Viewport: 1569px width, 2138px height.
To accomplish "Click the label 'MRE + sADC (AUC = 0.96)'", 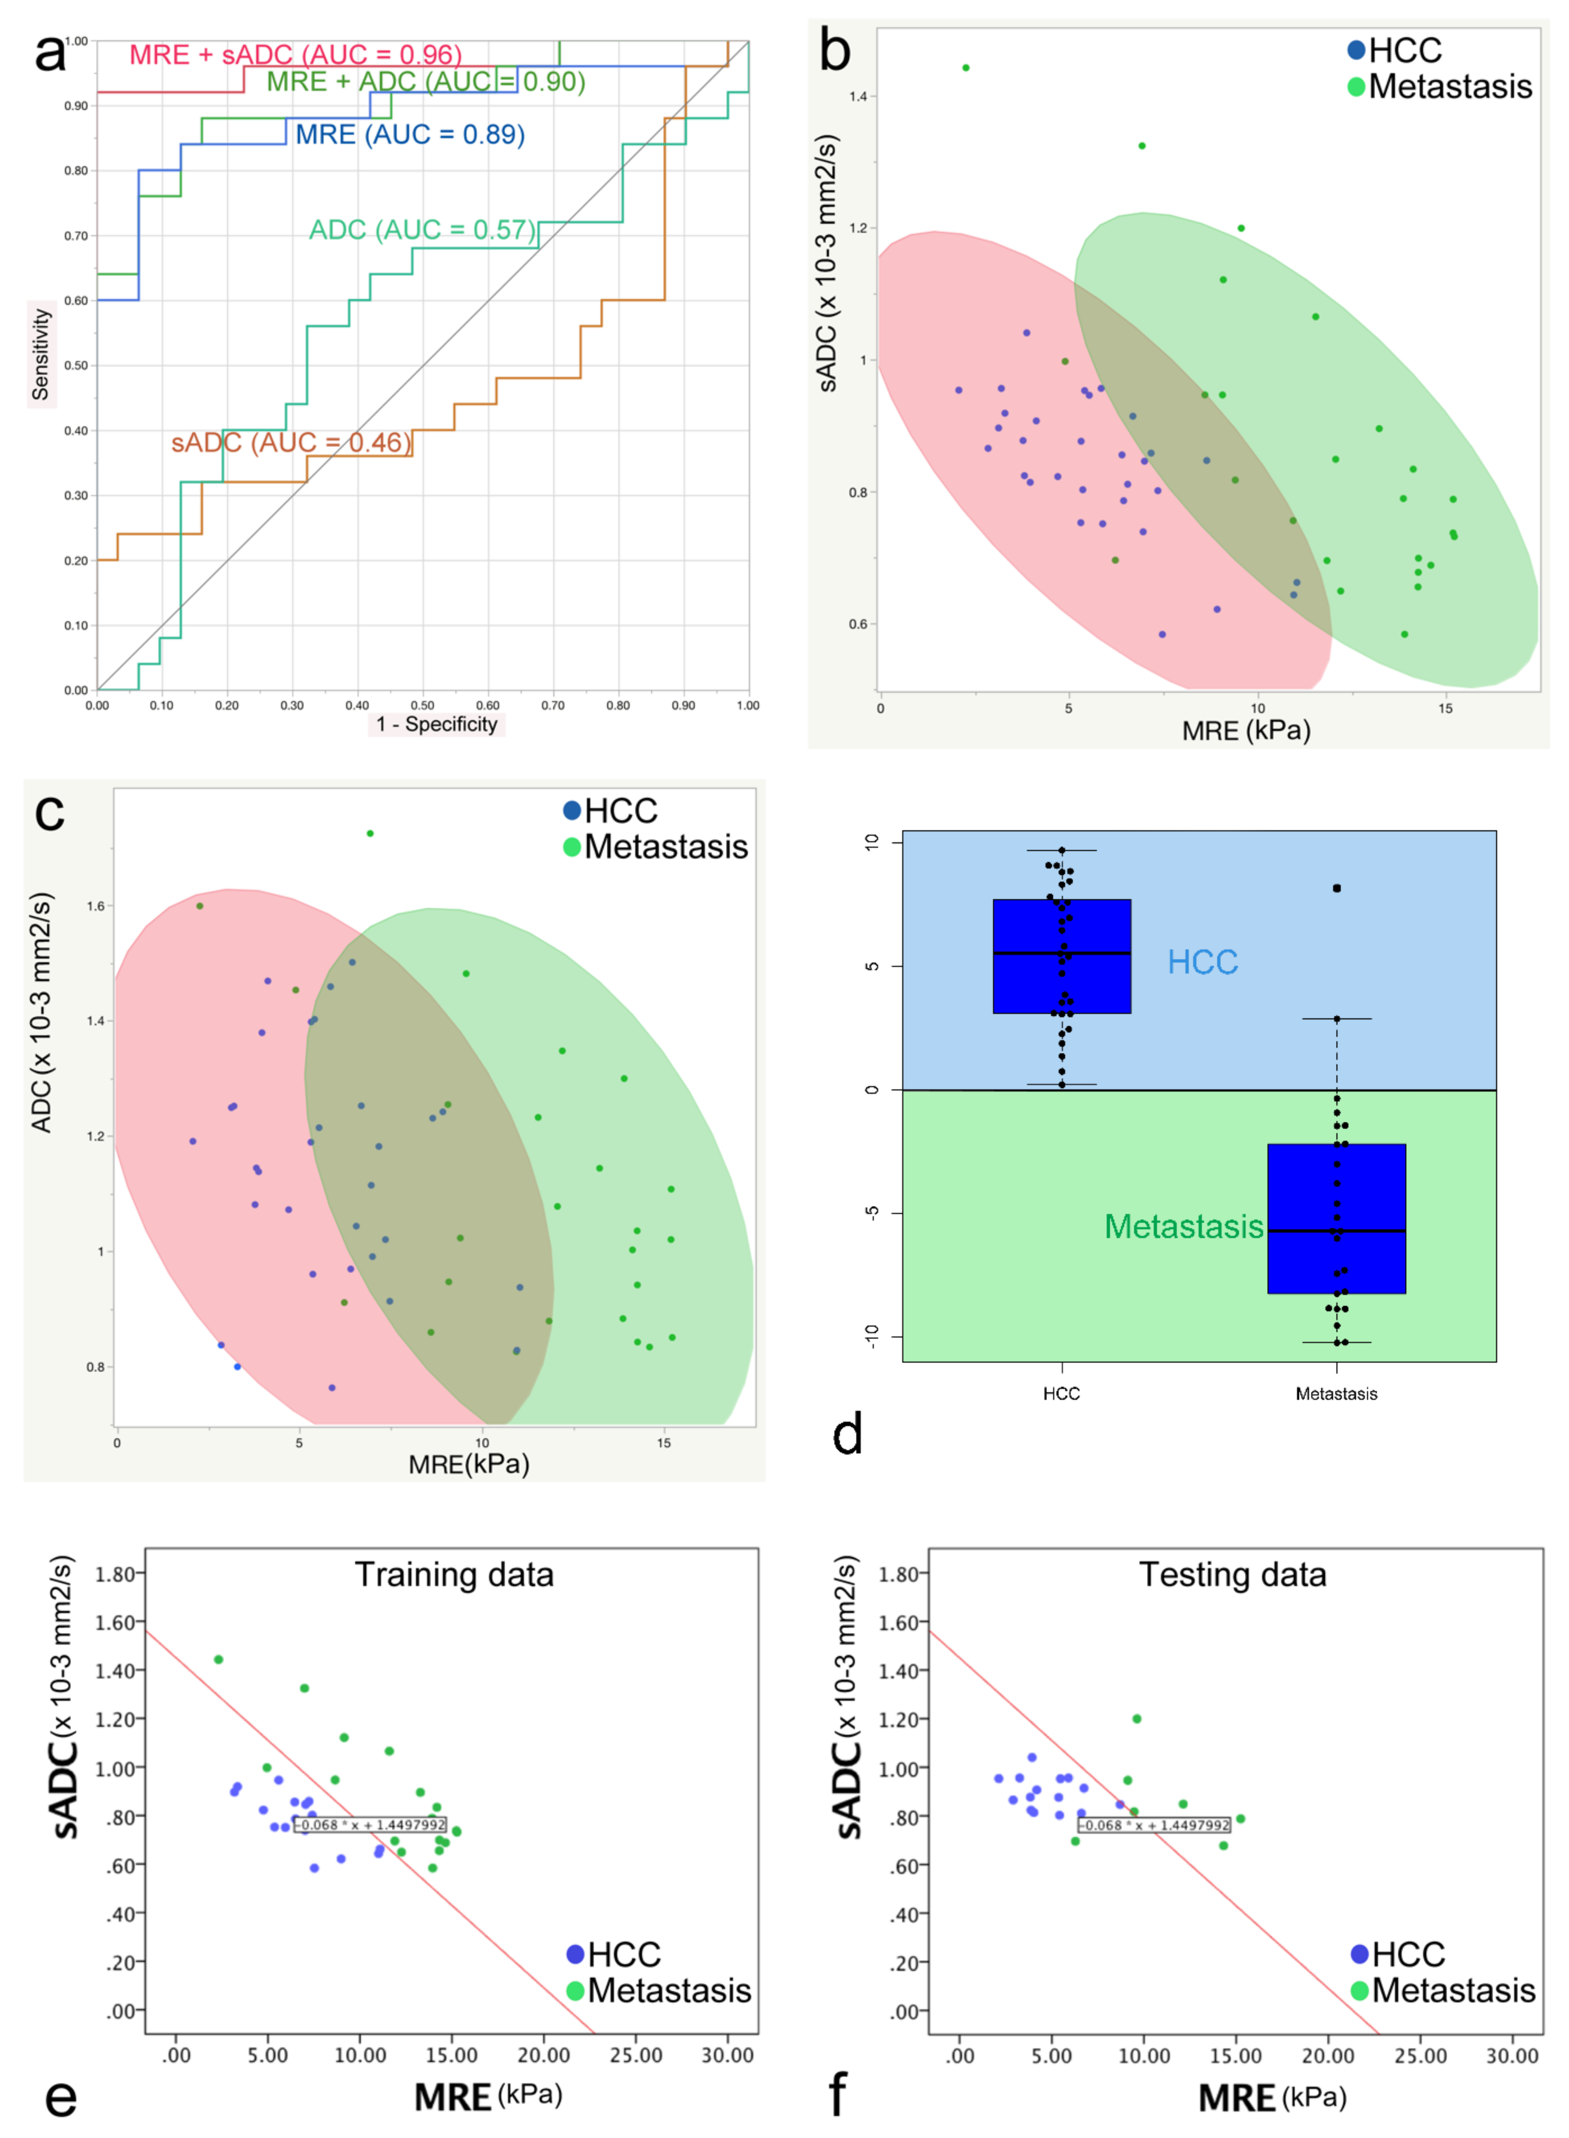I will click(295, 55).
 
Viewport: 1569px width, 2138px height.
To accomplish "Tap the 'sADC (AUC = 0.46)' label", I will click(291, 443).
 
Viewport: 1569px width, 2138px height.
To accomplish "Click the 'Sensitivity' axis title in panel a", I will click(41, 353).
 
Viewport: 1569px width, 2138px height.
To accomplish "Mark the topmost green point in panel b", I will click(966, 68).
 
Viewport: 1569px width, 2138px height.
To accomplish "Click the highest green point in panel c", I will click(370, 833).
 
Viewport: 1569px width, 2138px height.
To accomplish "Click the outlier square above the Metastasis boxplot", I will click(1336, 888).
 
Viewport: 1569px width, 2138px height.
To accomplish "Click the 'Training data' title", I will click(454, 1575).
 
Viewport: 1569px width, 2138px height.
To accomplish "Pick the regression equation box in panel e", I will click(370, 1825).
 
